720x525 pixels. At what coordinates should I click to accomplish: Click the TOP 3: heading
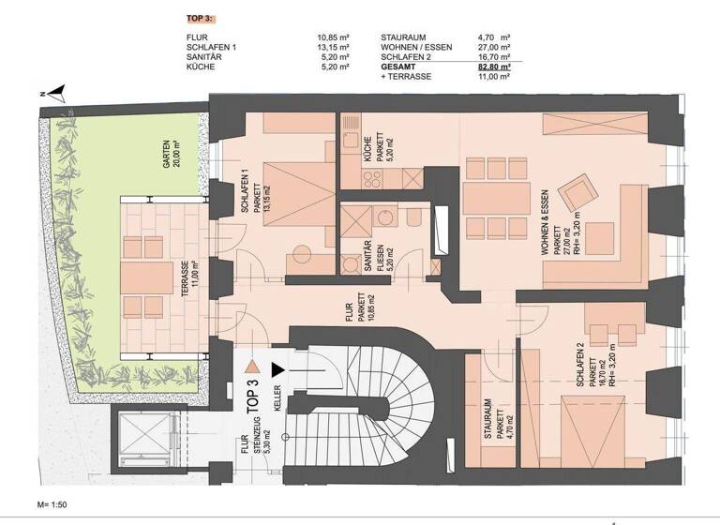(201, 18)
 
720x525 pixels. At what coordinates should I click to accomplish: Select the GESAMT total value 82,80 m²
(493, 67)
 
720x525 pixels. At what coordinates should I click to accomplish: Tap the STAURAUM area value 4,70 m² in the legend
(493, 37)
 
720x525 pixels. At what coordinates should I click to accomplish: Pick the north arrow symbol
(55, 92)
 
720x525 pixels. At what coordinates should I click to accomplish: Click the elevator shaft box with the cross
(143, 442)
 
